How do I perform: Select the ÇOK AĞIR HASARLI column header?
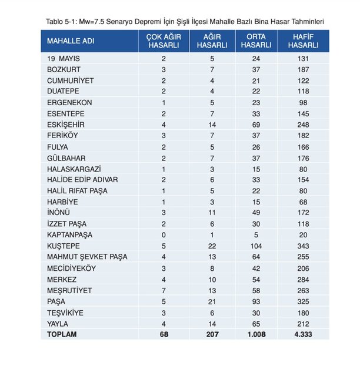(x=164, y=41)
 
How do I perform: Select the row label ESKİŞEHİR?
(x=67, y=125)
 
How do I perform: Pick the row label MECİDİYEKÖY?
(x=71, y=268)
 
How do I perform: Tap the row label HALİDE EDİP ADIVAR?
(x=81, y=180)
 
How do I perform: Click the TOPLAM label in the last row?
(x=62, y=334)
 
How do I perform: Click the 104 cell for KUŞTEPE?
(x=256, y=246)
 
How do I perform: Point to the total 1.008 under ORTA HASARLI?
(x=256, y=334)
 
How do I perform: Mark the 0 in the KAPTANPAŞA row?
(x=164, y=234)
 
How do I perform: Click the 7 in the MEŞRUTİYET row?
(x=164, y=290)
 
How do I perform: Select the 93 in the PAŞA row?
(x=256, y=301)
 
